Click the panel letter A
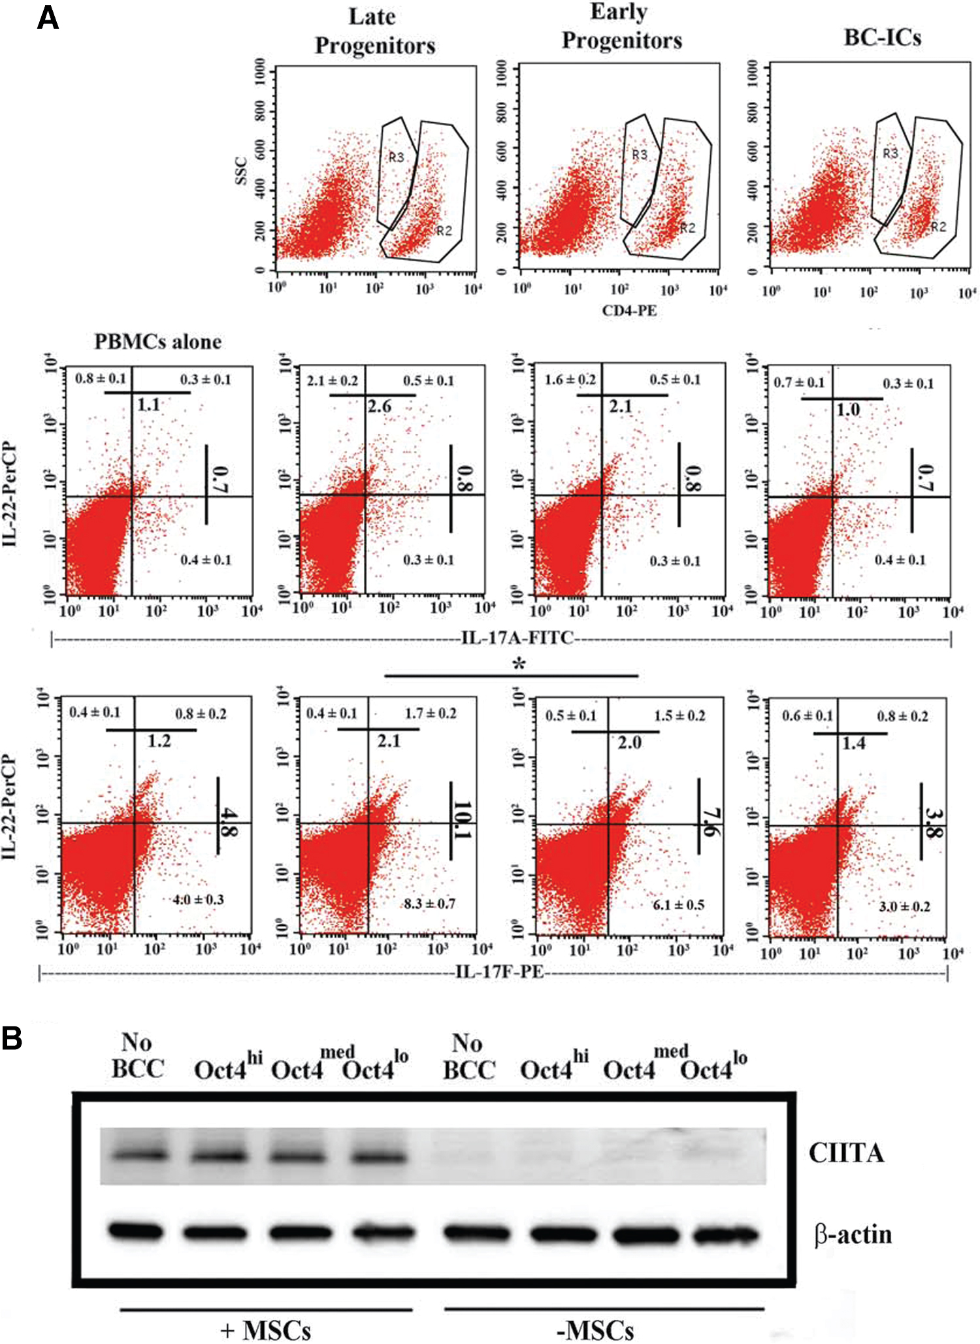(x=48, y=18)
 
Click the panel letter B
(x=12, y=1038)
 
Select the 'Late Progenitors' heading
(x=374, y=31)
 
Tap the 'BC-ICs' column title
(x=882, y=37)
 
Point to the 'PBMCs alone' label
(x=157, y=342)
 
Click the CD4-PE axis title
(x=629, y=310)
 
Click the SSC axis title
(x=241, y=171)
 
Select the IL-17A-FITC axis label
(x=517, y=637)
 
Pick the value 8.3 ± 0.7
(x=429, y=904)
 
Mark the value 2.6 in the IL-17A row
(x=379, y=406)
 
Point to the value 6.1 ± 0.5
(x=678, y=905)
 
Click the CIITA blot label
(x=846, y=1153)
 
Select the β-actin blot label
(x=853, y=1235)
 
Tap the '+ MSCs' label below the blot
(x=265, y=1330)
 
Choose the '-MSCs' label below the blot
(x=595, y=1330)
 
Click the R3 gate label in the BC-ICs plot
(x=890, y=154)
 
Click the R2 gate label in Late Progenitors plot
(x=444, y=231)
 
